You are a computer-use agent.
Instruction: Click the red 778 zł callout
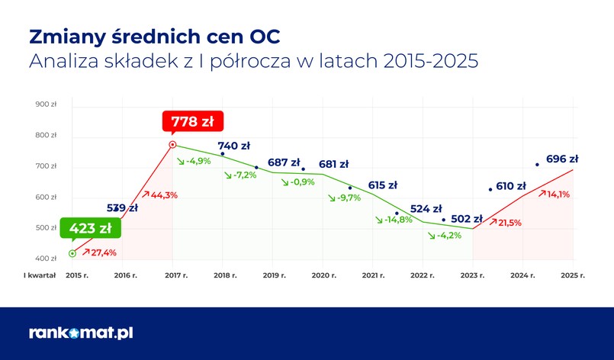click(x=191, y=122)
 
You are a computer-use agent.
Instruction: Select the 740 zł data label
click(x=234, y=146)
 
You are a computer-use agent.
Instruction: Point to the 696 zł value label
click(x=562, y=159)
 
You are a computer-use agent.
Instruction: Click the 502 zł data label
click(x=467, y=219)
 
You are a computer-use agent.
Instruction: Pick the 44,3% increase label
click(x=160, y=194)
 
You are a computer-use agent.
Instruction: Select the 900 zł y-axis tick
click(x=47, y=104)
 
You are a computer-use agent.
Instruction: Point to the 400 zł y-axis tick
click(x=47, y=259)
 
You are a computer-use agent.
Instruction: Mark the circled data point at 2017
click(x=172, y=144)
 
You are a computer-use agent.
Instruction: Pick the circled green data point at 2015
click(x=72, y=253)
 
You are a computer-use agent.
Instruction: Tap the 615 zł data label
click(x=382, y=185)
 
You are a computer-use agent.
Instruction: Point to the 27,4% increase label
click(x=103, y=252)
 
